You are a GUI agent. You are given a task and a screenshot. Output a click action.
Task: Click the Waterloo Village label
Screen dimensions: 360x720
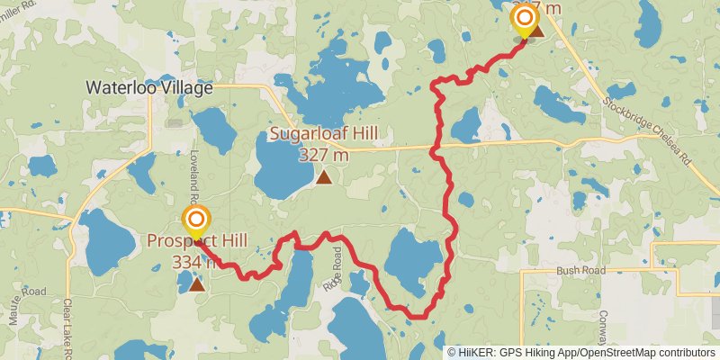pyautogui.click(x=149, y=88)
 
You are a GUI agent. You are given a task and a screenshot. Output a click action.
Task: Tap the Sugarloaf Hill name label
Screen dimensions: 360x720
pyautogui.click(x=324, y=136)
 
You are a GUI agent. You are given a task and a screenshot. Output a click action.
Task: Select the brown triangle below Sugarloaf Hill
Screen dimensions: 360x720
pyautogui.click(x=323, y=177)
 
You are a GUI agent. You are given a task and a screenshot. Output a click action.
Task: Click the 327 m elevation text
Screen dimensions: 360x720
pyautogui.click(x=324, y=155)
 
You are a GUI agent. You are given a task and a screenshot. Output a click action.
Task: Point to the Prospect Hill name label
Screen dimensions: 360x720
pyautogui.click(x=197, y=242)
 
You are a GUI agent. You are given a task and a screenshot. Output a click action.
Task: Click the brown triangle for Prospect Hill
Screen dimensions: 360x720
pyautogui.click(x=196, y=284)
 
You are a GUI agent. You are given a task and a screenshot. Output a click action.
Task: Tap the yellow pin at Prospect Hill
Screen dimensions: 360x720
pyautogui.click(x=196, y=221)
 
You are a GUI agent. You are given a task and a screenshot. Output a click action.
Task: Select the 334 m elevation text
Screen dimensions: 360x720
pyautogui.click(x=194, y=262)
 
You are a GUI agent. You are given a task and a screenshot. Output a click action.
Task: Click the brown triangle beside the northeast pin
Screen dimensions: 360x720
pyautogui.click(x=537, y=32)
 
